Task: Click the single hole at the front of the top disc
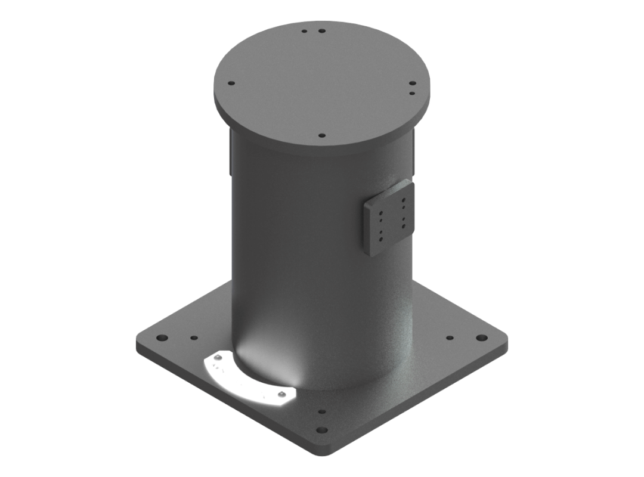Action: coord(322,135)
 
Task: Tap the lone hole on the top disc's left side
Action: coord(232,84)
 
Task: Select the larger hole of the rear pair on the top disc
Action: coord(322,30)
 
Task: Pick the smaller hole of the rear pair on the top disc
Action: coord(305,30)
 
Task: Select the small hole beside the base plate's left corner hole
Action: coord(194,338)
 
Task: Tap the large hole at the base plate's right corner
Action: coord(481,338)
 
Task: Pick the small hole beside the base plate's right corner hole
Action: coord(450,338)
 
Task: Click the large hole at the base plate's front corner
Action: coord(322,429)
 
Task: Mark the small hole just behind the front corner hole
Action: coord(322,411)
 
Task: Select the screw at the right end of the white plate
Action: coord(280,395)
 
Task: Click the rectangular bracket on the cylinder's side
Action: coord(388,218)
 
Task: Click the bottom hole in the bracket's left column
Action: coord(377,237)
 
